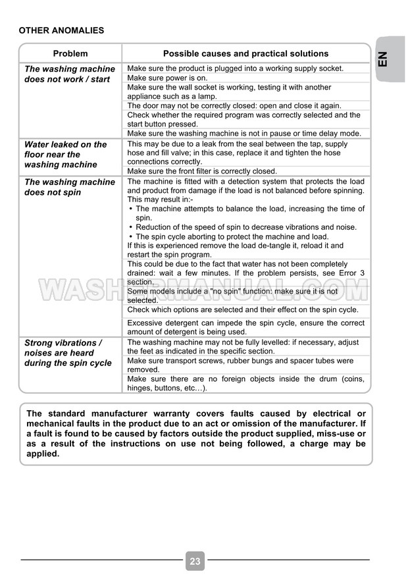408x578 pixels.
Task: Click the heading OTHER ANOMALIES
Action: tap(61, 30)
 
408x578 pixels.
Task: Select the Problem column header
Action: tap(70, 54)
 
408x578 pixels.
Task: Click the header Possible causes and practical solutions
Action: tap(245, 54)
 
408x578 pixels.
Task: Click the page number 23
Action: tap(195, 561)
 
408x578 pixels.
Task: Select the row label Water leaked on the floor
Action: tap(65, 154)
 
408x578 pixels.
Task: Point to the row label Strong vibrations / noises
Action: tap(68, 353)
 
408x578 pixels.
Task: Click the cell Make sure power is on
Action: tap(167, 78)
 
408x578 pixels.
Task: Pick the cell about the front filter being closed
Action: tap(201, 171)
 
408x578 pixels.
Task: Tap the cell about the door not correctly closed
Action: tap(234, 105)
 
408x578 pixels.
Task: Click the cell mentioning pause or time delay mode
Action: tap(243, 133)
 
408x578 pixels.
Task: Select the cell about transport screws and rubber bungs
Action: tap(240, 365)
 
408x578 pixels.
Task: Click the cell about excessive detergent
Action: tap(245, 327)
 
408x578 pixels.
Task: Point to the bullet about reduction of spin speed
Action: tap(246, 227)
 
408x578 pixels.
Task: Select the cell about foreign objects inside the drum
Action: tap(245, 383)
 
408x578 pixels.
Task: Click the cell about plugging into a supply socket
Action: tap(235, 68)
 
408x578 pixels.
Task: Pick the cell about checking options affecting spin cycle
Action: tap(242, 309)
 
